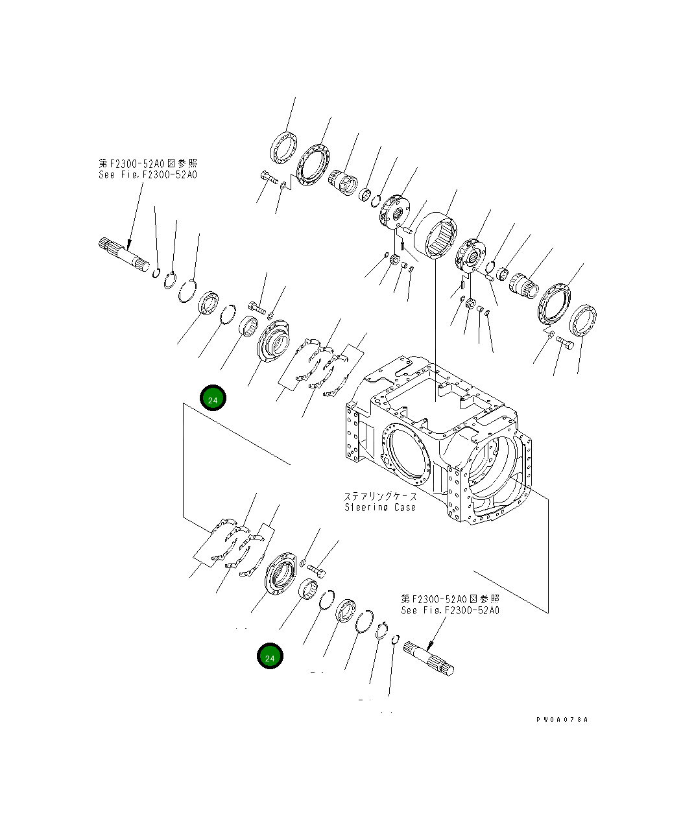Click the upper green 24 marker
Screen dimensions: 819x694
tap(213, 399)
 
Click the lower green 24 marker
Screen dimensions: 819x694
tap(270, 656)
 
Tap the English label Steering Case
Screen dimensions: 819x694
tap(379, 507)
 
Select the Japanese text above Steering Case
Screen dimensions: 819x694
tap(380, 497)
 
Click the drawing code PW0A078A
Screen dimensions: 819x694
tap(562, 720)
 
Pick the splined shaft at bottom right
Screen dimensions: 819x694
tap(429, 656)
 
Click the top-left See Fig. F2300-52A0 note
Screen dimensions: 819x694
tap(148, 174)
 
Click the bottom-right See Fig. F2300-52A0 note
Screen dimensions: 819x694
tap(450, 610)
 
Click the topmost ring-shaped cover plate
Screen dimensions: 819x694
tap(283, 147)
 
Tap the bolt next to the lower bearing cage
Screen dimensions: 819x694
tap(317, 569)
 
